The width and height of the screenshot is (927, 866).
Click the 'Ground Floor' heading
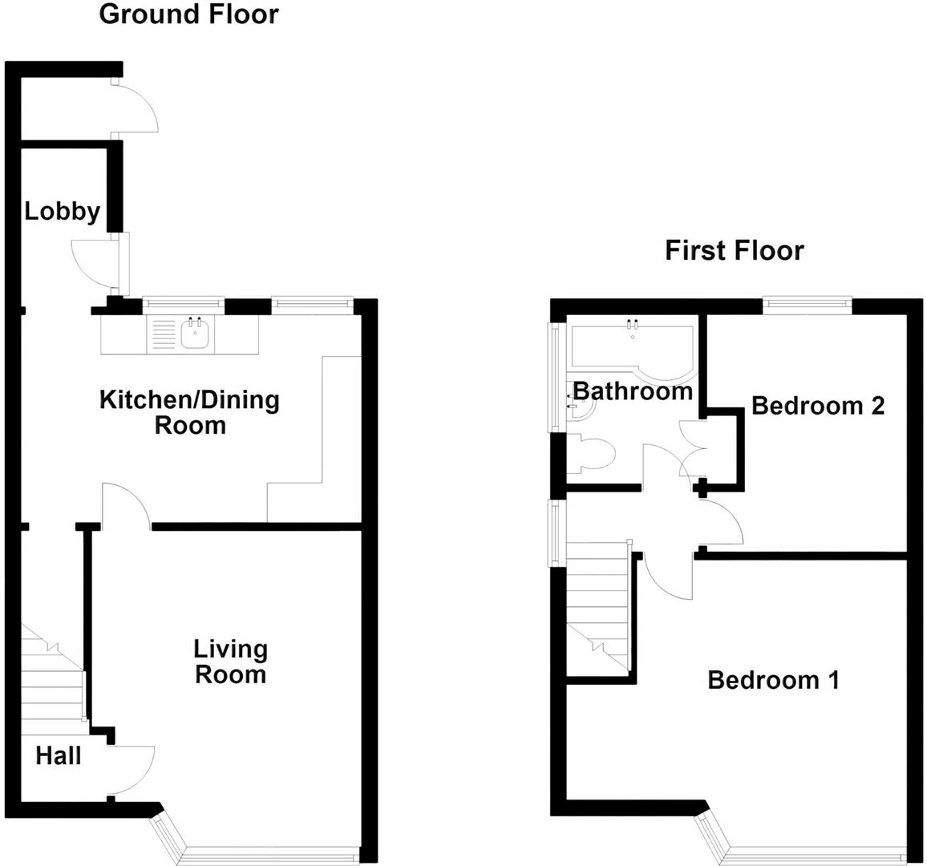[188, 14]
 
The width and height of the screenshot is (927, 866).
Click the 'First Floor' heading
[734, 251]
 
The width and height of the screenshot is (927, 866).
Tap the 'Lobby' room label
[62, 212]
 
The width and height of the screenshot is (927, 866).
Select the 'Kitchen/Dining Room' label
[189, 412]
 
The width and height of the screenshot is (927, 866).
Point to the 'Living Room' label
[231, 662]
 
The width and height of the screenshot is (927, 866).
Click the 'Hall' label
[58, 755]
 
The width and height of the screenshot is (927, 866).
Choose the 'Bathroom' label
[633, 391]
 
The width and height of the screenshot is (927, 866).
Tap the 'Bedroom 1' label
[773, 681]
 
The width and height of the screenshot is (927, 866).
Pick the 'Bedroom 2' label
[817, 406]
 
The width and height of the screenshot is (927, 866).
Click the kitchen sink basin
[195, 334]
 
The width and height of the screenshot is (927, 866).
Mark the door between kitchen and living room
[125, 506]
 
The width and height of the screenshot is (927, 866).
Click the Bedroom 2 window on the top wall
[807, 303]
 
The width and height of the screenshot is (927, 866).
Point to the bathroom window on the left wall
[554, 377]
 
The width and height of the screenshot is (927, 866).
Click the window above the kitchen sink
[182, 303]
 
